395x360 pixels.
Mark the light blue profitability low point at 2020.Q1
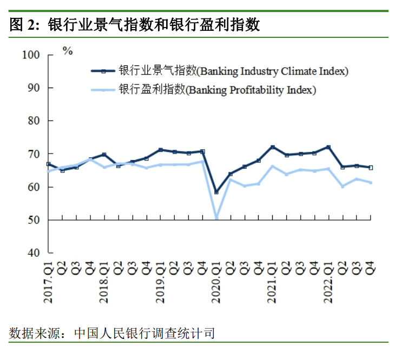click(216, 218)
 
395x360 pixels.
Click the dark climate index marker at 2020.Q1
click(216, 192)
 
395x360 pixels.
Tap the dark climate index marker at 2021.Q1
click(273, 147)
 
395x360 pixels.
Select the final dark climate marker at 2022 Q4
click(371, 168)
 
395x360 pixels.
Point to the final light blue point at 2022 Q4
click(371, 182)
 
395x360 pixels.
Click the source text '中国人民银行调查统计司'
click(144, 333)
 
